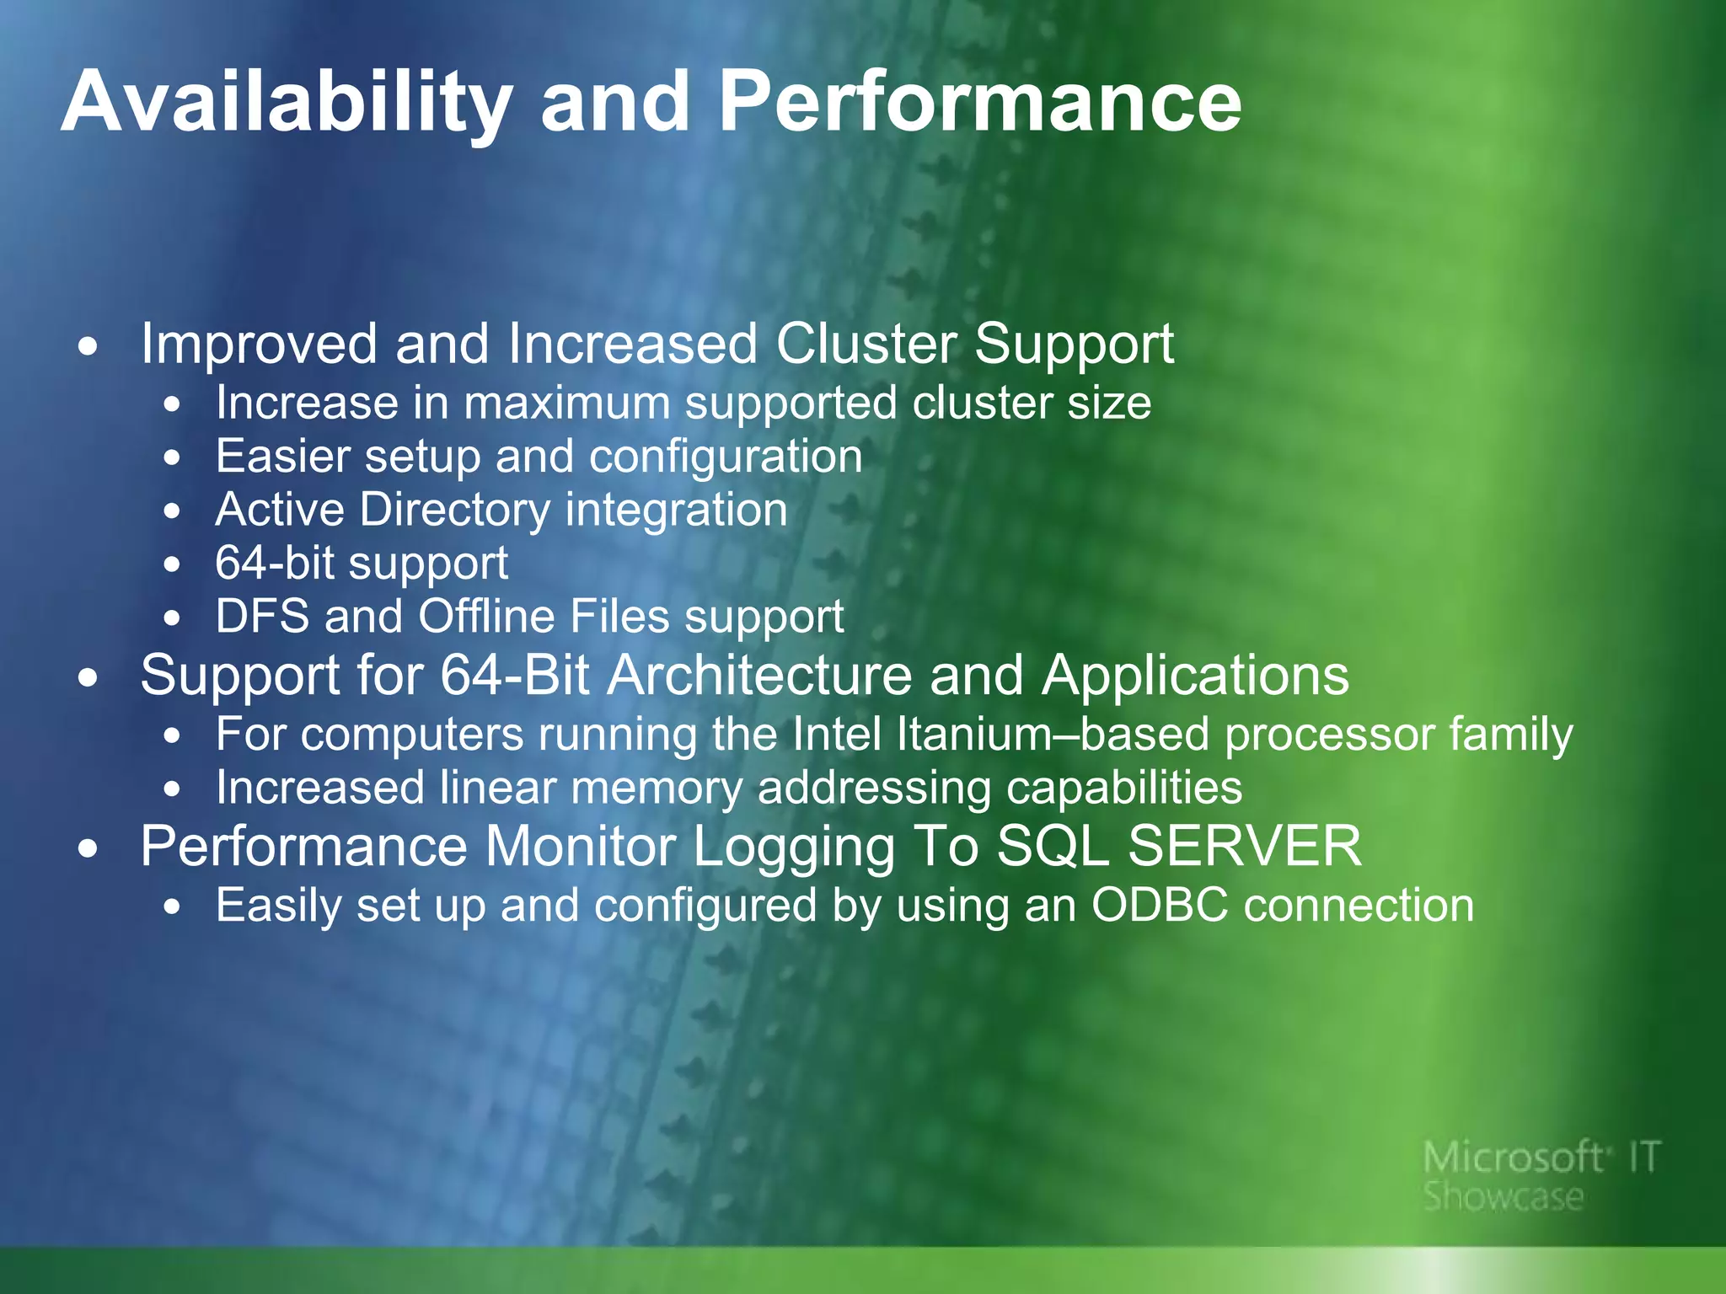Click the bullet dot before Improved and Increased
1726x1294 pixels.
(x=88, y=346)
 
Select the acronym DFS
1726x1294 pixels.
(x=262, y=616)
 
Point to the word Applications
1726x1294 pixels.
(x=1195, y=676)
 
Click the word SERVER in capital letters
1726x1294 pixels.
(x=1245, y=846)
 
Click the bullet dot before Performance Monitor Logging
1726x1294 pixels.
(x=88, y=849)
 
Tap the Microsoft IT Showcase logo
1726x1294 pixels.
(x=1541, y=1175)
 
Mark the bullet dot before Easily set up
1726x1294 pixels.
(x=173, y=908)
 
